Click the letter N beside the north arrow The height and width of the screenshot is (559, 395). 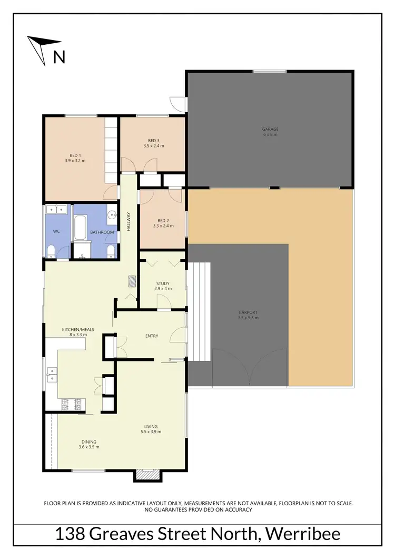pos(60,56)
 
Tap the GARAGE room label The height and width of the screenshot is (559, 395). pos(270,129)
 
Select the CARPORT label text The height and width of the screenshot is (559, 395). pos(248,313)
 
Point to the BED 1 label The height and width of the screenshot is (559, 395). pos(75,155)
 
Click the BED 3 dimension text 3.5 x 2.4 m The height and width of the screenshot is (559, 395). pos(153,146)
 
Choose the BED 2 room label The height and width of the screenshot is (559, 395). pos(162,220)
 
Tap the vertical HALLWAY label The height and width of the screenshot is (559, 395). pos(128,221)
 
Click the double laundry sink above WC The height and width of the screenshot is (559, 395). pos(56,210)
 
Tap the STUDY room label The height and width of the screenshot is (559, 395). pos(162,283)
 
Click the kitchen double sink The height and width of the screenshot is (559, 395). pos(52,374)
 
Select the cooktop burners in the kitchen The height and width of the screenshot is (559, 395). pos(71,405)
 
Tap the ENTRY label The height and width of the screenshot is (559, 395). pos(152,336)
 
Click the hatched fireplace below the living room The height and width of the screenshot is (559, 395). pos(147,475)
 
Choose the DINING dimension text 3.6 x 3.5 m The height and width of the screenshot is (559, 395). pos(89,447)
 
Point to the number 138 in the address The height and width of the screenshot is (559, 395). pos(71,534)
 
